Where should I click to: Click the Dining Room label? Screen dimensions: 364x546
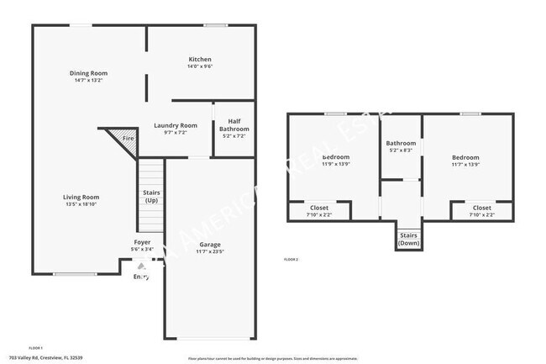[x=88, y=73]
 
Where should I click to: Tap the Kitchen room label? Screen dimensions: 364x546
[x=199, y=60]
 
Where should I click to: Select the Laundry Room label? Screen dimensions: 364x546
[x=176, y=125]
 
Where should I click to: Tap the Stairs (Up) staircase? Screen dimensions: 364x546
[x=151, y=197]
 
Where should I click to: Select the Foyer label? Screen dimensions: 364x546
[x=142, y=242]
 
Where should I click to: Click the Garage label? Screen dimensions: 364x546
[x=210, y=245]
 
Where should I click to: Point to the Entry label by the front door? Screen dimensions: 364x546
[x=141, y=277]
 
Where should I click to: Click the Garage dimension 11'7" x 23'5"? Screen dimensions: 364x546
[x=210, y=251]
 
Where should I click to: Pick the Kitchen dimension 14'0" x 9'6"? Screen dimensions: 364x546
[x=199, y=66]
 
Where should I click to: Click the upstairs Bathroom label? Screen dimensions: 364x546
[x=401, y=144]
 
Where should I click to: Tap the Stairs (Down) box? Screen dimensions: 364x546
[x=408, y=239]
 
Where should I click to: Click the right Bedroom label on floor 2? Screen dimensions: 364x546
[x=465, y=157]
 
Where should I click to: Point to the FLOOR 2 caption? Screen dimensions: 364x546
[x=291, y=260]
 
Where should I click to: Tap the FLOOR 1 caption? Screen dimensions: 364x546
[x=35, y=347]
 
